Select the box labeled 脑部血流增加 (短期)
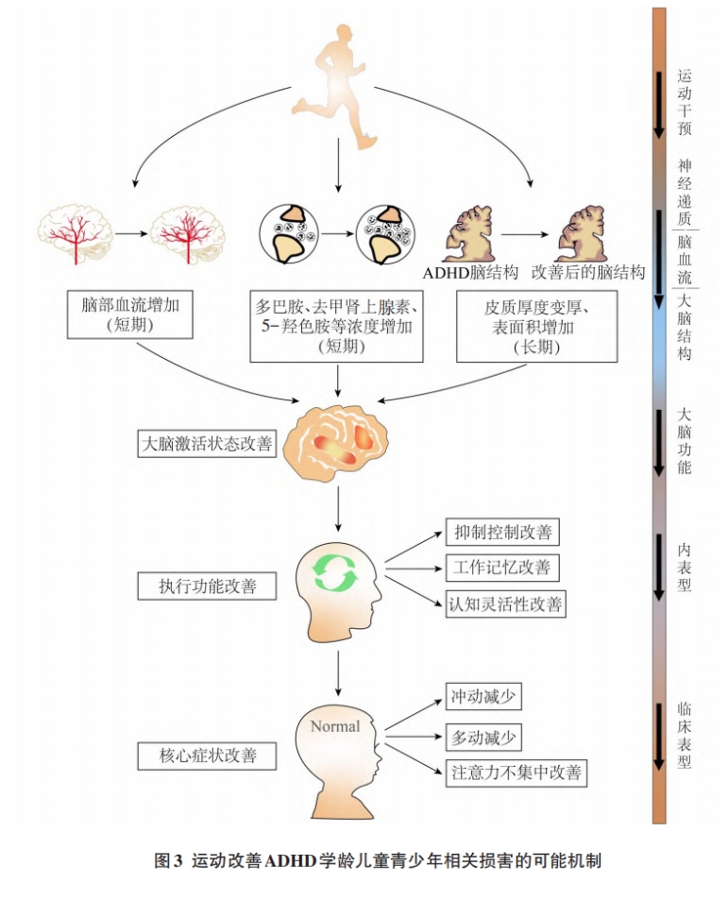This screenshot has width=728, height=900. (x=130, y=314)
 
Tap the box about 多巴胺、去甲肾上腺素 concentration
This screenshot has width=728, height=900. (x=337, y=326)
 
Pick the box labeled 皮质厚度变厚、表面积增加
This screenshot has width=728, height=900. (x=536, y=326)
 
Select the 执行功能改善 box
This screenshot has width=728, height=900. (x=207, y=586)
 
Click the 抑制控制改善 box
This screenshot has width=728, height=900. (x=502, y=532)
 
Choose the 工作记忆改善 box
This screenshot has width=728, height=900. (x=502, y=568)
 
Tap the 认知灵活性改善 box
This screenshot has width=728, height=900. (x=506, y=603)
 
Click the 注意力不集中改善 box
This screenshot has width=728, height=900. (x=516, y=773)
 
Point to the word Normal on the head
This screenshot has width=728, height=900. (x=335, y=726)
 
